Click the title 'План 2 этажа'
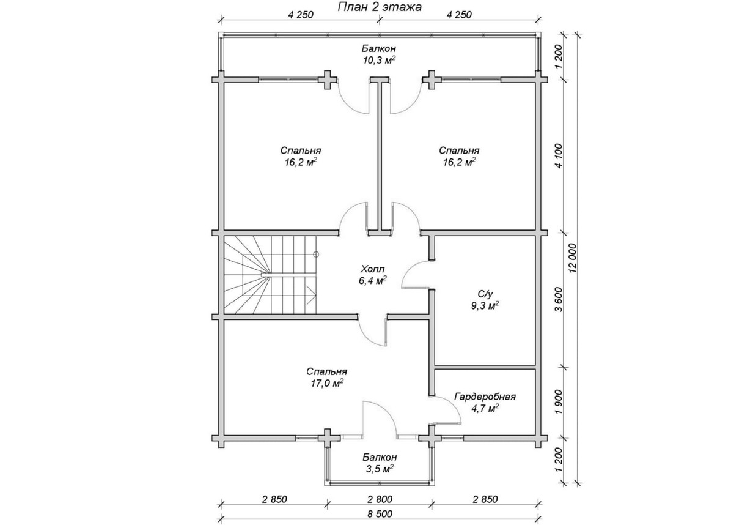point(379,7)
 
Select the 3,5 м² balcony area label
point(379,469)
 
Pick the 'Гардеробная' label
point(485,396)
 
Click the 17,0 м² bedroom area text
point(327,384)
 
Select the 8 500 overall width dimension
point(378,513)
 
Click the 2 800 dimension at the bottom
point(379,499)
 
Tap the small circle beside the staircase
point(316,253)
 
